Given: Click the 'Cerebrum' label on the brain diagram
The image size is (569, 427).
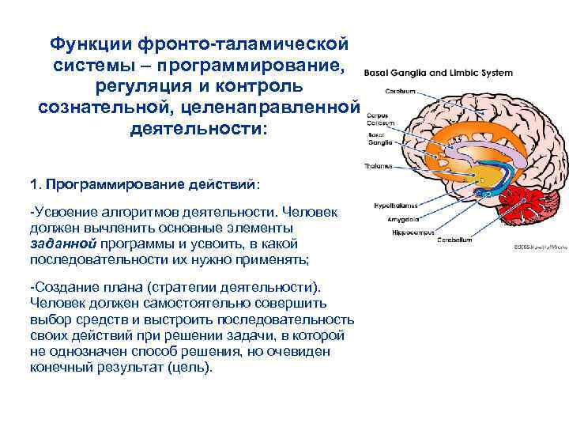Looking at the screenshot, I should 401,91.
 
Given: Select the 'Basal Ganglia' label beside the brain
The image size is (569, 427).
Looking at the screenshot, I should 377,140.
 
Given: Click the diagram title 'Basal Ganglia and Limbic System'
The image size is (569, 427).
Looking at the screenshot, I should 438,73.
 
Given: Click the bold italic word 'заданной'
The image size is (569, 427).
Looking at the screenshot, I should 62,244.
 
